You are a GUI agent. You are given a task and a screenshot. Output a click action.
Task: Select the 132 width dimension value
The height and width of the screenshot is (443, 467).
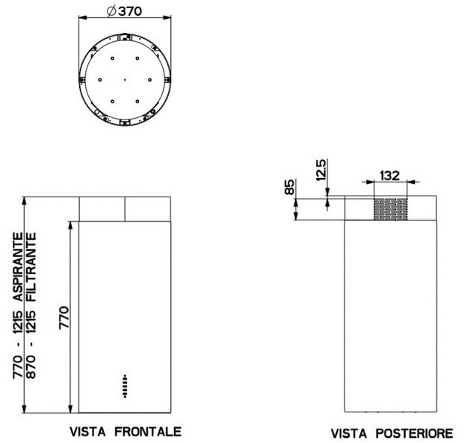[389, 176]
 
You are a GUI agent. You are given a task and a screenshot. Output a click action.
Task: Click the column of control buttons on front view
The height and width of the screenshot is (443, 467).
[125, 385]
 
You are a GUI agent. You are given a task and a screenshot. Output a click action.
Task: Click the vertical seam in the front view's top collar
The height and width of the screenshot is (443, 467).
[125, 208]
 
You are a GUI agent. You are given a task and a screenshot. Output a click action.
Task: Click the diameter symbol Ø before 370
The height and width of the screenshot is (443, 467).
[110, 11]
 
